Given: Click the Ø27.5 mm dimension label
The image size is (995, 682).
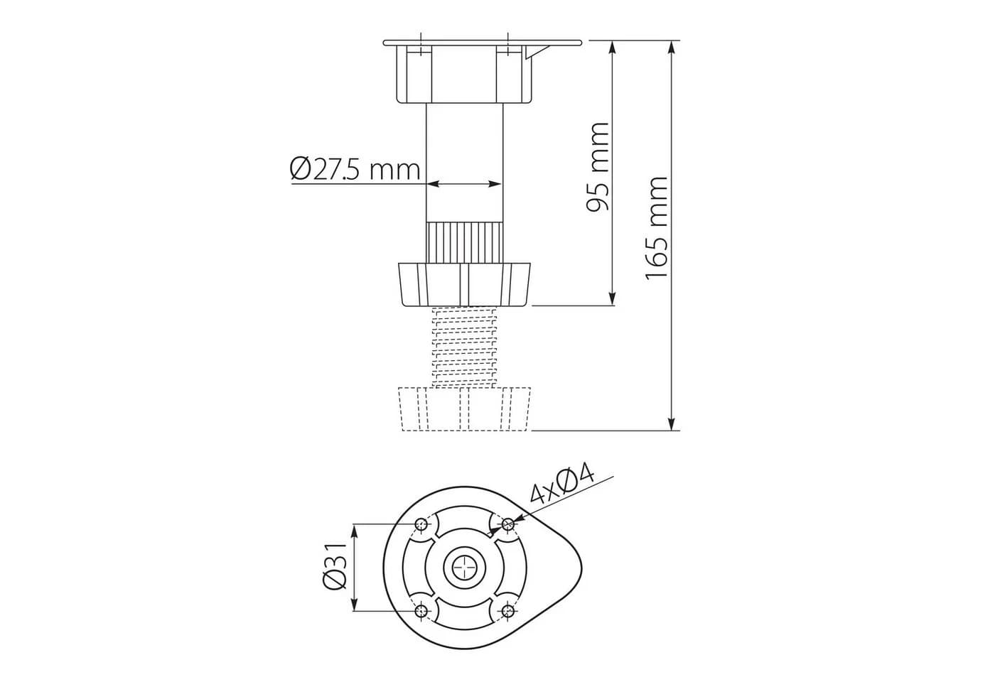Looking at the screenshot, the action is (x=355, y=169).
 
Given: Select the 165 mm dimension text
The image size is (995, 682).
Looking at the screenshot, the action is (x=657, y=228).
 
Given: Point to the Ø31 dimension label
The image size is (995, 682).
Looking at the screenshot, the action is (x=335, y=567).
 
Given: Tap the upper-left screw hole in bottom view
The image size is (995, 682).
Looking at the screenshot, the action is (x=421, y=525).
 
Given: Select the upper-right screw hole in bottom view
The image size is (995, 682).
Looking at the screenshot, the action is (x=507, y=525).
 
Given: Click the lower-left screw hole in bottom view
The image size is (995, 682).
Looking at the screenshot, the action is (x=421, y=611).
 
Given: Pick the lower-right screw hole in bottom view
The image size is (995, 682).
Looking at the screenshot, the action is (x=507, y=611).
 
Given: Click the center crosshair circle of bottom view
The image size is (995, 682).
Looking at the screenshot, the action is (x=465, y=568).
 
